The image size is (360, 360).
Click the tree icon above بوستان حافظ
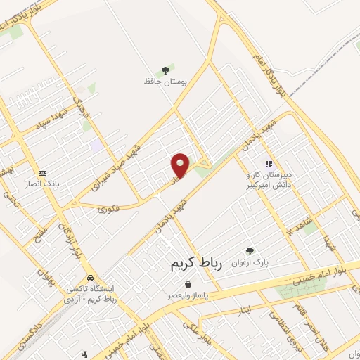(166, 70)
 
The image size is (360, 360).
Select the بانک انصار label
(43, 185)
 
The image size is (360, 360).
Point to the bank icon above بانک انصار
(42, 173)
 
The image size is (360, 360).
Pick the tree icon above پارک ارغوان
(249, 251)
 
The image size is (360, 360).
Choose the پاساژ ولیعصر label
(188, 296)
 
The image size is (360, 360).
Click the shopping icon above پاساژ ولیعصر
(188, 284)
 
